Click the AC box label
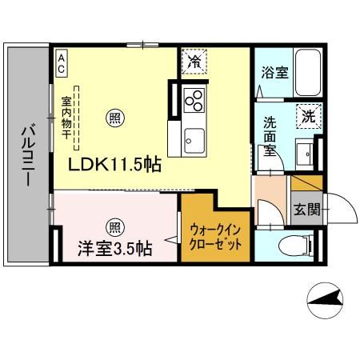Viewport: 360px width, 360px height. coord(61,62)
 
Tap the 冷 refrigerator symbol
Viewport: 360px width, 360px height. coord(194,61)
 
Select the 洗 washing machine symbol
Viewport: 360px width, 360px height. coord(307,115)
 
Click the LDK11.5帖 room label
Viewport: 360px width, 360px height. coord(114,166)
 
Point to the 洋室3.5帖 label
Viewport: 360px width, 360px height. coord(114,249)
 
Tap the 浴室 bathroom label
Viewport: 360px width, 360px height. coord(275,72)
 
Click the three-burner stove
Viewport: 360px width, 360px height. coord(194,100)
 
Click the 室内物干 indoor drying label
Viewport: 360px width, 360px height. coord(66,120)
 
